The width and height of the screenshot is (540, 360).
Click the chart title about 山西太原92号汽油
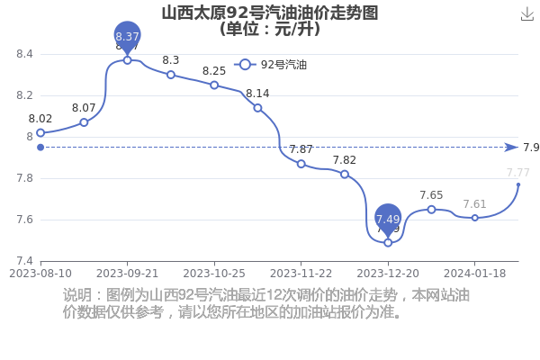[x=269, y=13]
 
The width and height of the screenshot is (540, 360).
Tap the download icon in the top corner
[x=527, y=13]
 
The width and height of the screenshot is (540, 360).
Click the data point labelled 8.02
[x=40, y=132]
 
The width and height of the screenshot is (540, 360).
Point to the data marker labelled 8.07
[x=84, y=121]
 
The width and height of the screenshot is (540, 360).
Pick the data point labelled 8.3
[x=171, y=75]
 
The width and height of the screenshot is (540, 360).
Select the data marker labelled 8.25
[x=214, y=85]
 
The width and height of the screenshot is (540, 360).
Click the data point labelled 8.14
[x=257, y=108]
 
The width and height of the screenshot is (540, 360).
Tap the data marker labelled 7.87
[x=301, y=164]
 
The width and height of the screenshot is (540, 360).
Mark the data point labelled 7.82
[x=345, y=174]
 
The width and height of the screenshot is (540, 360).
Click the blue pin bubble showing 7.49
[x=388, y=219]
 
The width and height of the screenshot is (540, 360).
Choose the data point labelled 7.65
[x=431, y=209]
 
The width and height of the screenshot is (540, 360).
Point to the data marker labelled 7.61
[x=475, y=218]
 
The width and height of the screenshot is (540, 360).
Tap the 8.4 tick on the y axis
[x=24, y=54]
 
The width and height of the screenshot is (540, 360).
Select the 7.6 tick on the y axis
[x=24, y=220]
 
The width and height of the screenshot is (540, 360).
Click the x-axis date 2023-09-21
[x=127, y=272]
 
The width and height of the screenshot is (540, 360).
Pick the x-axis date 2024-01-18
[x=475, y=272]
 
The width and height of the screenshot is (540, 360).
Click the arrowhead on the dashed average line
[x=512, y=148]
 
